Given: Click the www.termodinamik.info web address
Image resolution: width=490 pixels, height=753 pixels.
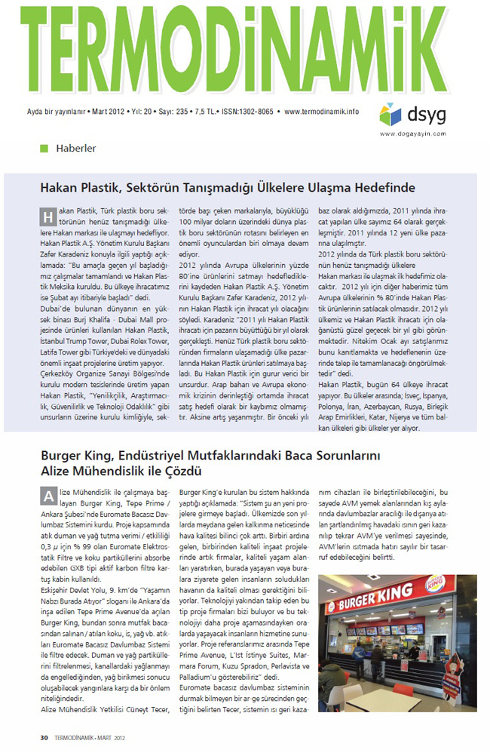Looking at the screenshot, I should tap(322, 112).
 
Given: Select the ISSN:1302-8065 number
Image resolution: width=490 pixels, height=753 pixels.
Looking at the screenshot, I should tap(247, 112).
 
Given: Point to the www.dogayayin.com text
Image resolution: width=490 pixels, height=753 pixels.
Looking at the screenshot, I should tap(410, 134).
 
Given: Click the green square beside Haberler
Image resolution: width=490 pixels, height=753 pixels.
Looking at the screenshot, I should tap(44, 149).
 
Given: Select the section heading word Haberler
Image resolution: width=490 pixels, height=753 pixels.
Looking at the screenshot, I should tap(76, 149).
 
